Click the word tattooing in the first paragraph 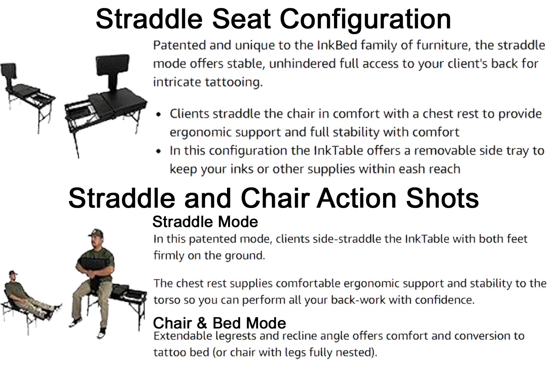point(234,82)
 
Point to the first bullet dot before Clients point(159,114)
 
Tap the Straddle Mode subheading point(205,222)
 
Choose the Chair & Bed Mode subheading point(219,323)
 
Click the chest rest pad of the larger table point(112,65)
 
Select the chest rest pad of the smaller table point(9,70)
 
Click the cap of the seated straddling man point(96,233)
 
